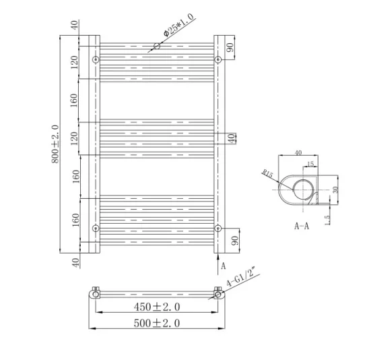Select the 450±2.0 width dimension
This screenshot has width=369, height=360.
pos(156,307)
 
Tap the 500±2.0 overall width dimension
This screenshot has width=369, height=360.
pos(156,324)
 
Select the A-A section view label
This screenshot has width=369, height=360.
pos(301,227)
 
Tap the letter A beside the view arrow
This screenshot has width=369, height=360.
pos(224,266)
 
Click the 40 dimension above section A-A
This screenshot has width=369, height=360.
pos(298,153)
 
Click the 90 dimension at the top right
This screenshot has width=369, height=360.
pos(230,48)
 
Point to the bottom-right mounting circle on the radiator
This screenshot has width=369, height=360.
pos(217,228)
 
